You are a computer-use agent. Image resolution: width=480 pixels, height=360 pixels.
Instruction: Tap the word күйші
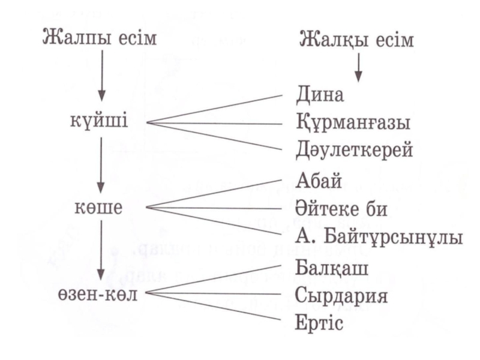point(99,124)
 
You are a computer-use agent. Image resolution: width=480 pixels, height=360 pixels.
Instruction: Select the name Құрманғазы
point(353,124)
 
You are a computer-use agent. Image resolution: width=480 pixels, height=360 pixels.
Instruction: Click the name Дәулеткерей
point(355,150)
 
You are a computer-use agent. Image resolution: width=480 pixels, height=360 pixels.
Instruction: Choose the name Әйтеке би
point(341,209)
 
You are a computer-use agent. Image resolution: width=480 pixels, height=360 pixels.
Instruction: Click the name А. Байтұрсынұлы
point(379,237)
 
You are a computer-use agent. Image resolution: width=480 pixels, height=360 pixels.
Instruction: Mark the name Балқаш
point(327,266)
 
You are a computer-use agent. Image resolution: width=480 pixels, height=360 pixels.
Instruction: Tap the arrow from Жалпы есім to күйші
point(102,76)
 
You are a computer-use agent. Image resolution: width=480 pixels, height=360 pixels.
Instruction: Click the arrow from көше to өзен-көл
point(102,249)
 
